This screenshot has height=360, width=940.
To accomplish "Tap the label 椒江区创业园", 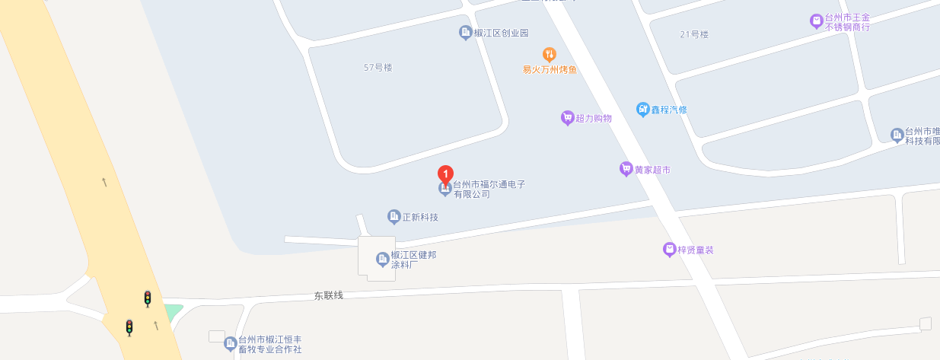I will (501, 33).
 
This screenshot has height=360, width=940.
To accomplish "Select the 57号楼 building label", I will (378, 68).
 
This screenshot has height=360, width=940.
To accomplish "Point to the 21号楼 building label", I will (693, 34).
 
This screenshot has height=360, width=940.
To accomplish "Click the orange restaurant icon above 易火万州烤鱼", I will (549, 55).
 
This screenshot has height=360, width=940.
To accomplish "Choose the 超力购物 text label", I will (594, 118).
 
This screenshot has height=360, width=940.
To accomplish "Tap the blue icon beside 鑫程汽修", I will (642, 110).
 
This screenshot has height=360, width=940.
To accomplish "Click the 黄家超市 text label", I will (652, 170).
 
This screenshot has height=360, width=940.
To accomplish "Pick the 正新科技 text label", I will (420, 218).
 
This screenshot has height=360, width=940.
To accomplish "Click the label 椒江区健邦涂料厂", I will (413, 260).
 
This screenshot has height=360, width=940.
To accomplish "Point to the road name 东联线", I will (329, 295).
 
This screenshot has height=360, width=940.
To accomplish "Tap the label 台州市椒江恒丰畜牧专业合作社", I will (270, 344).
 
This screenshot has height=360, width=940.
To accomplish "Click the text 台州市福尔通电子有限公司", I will (489, 190).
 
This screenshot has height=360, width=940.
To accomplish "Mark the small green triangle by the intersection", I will (174, 311).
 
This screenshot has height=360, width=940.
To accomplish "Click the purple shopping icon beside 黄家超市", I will (626, 169).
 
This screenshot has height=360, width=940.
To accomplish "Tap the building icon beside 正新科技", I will (394, 217).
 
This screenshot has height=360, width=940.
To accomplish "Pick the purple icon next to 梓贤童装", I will (669, 250).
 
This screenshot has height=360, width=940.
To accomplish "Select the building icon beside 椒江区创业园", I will (465, 33).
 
